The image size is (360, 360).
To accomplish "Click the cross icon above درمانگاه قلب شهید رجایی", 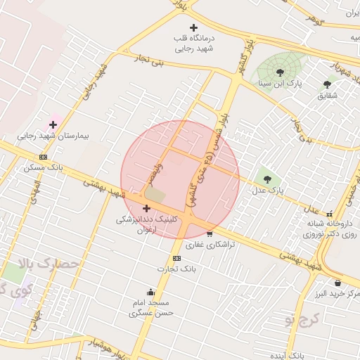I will [194, 27].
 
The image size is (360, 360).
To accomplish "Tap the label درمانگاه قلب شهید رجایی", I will [194, 44].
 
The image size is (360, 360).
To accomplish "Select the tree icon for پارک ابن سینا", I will [280, 72].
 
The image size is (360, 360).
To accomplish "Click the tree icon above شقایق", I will [327, 84].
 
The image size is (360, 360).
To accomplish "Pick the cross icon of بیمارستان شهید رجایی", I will [53, 124].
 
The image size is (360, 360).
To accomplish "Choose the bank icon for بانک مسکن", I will [44, 157].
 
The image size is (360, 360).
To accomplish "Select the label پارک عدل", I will [267, 191].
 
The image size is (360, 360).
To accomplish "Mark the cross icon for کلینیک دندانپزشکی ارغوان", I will [146, 208].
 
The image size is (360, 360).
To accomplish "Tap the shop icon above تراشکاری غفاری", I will [210, 233].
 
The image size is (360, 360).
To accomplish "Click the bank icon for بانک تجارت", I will [176, 258].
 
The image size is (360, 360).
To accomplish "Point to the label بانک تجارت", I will [176, 269].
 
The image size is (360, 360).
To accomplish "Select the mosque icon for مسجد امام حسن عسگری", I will [150, 292].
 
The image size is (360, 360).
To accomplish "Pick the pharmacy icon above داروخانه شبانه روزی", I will [330, 214].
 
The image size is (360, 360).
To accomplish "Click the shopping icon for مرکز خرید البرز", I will [328, 283].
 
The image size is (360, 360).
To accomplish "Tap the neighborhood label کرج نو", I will [302, 320].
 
